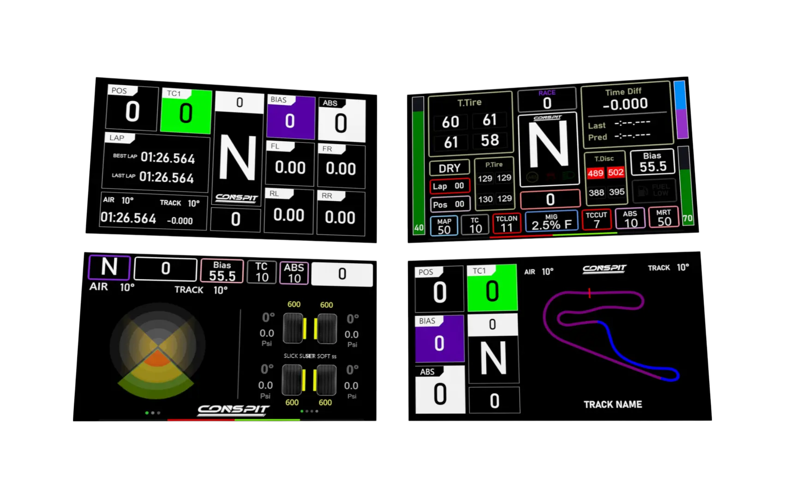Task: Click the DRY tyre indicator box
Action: click(449, 168)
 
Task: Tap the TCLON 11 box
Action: click(507, 224)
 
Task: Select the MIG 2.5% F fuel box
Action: click(551, 222)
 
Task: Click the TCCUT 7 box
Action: click(597, 220)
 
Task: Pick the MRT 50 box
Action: click(664, 218)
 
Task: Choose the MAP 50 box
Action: click(444, 226)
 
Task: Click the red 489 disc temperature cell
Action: click(595, 173)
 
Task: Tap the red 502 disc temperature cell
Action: click(616, 172)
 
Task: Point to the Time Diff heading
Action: click(623, 92)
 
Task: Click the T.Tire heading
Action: click(469, 102)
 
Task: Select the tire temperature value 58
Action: click(490, 140)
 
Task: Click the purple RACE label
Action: click(547, 93)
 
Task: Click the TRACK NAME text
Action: click(612, 404)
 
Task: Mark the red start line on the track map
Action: click(589, 293)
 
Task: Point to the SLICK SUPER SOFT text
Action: click(310, 356)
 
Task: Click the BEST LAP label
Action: click(125, 156)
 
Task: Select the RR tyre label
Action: click(327, 196)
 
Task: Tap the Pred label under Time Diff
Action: click(597, 137)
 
